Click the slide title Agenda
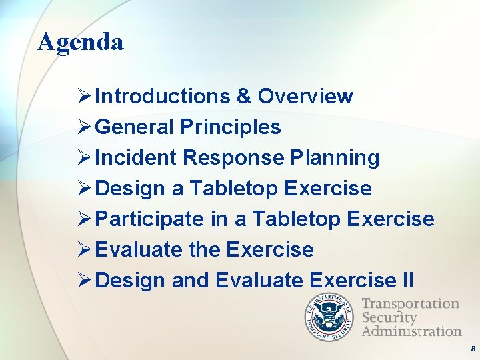(x=81, y=43)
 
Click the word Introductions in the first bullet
(x=162, y=97)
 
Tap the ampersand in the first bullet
(x=243, y=97)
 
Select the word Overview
(x=305, y=97)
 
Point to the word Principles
(x=231, y=127)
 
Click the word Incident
(x=135, y=158)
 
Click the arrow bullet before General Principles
(x=85, y=127)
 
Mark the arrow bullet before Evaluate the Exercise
(x=85, y=250)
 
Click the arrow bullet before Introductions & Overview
(x=85, y=97)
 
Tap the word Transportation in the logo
(x=410, y=304)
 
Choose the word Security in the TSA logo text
(x=389, y=317)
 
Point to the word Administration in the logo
(x=411, y=331)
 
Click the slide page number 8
(x=473, y=349)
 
